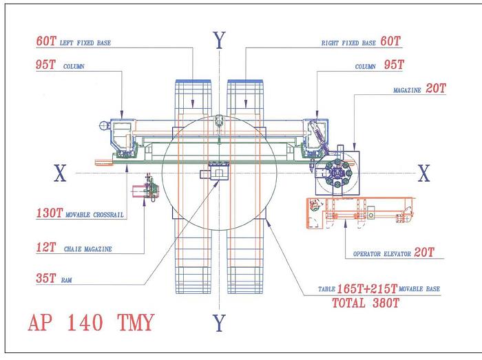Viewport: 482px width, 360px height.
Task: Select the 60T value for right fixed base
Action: coord(390,42)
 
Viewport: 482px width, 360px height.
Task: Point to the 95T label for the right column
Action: coord(392,67)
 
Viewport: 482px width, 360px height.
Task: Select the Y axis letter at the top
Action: coord(219,41)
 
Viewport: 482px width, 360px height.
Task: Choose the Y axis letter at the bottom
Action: coord(220,321)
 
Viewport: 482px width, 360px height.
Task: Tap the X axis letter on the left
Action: coord(60,175)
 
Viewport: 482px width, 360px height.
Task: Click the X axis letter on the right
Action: coord(424,174)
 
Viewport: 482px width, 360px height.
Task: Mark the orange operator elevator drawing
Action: coord(358,213)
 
